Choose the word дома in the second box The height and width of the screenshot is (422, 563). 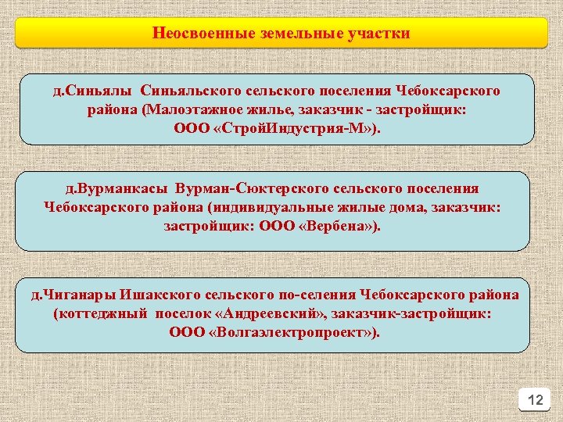(418, 208)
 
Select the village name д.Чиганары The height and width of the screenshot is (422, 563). (71, 295)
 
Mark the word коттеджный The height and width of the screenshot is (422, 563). (91, 314)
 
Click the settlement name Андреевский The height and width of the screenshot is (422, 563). (269, 314)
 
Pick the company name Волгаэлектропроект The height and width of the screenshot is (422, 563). (290, 333)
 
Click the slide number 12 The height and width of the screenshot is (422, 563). (535, 400)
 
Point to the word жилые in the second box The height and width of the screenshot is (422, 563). (368, 208)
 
